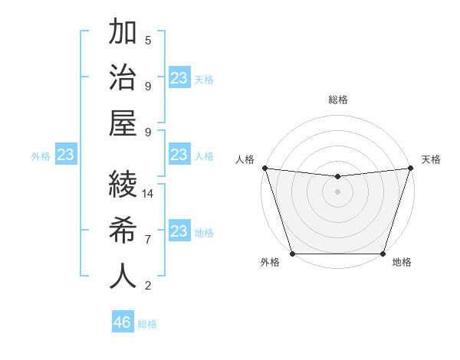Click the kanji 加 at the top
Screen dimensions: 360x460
tap(123, 33)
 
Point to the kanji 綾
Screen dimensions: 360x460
tap(123, 184)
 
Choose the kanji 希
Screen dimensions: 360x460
tap(123, 230)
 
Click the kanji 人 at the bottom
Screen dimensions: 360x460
tap(123, 276)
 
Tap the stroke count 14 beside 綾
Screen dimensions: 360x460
tap(148, 194)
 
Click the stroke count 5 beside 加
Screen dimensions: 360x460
tap(148, 40)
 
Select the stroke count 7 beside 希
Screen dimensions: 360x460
tap(148, 240)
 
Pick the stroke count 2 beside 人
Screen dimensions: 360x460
tap(148, 286)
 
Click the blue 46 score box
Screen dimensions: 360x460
tap(123, 322)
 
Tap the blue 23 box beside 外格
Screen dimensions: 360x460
tap(66, 155)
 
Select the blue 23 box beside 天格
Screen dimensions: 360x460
tap(179, 78)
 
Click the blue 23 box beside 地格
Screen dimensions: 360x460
tap(179, 231)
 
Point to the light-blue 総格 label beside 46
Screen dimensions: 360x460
tap(147, 324)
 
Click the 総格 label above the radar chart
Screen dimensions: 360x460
tap(337, 100)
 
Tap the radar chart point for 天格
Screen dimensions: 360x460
tap(410, 168)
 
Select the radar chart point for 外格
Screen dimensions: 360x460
tap(292, 254)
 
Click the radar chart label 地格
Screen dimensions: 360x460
tap(402, 263)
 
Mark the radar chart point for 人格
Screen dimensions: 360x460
tap(264, 168)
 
